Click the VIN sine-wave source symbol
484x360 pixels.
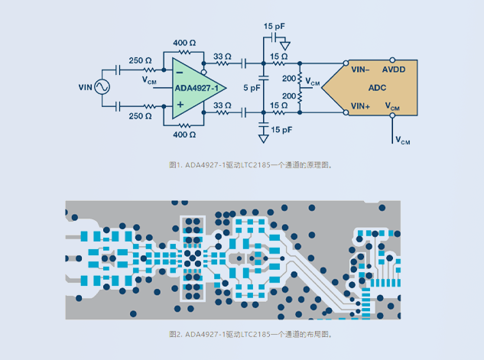coord(101,88)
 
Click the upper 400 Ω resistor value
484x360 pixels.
coord(185,42)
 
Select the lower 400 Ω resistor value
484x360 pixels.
coord(185,135)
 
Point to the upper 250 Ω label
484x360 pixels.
coord(140,60)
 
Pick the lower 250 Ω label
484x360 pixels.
coord(140,115)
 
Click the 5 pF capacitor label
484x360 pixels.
coord(252,88)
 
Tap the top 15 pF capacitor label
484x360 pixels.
coord(277,27)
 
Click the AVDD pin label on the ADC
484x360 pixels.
coord(395,69)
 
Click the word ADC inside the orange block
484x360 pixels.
coord(378,88)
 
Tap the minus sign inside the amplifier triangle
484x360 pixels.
coord(179,72)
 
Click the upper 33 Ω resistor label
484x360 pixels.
coord(223,56)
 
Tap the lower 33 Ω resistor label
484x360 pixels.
coord(223,105)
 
